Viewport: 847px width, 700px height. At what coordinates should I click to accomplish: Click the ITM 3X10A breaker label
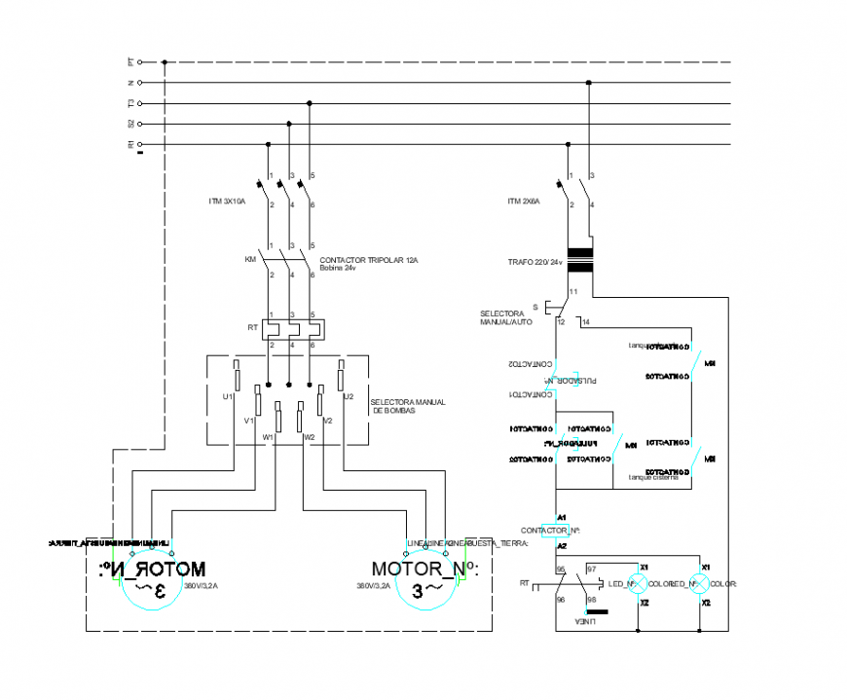[x=227, y=202]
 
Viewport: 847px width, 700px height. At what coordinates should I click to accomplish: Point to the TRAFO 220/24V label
[x=534, y=262]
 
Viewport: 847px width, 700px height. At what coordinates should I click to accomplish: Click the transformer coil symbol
[x=581, y=261]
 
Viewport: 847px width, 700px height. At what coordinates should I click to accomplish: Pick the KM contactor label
[x=250, y=260]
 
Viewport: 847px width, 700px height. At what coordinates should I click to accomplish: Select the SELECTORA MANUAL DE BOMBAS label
[x=407, y=407]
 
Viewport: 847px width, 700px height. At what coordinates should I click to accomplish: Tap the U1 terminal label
[x=227, y=397]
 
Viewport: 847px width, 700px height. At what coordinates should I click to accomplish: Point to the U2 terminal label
[x=348, y=397]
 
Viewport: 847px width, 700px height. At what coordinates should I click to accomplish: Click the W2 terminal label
[x=309, y=437]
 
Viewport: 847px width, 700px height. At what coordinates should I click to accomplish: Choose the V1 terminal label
[x=248, y=421]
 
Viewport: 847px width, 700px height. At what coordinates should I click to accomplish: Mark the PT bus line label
[x=129, y=61]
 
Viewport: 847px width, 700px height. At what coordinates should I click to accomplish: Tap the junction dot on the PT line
[x=165, y=61]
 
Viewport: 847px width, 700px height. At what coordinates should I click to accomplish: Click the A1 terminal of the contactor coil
[x=561, y=517]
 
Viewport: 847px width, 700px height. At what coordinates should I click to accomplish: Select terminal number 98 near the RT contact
[x=590, y=600]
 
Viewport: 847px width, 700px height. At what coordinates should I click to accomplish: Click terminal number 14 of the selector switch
[x=585, y=321]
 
